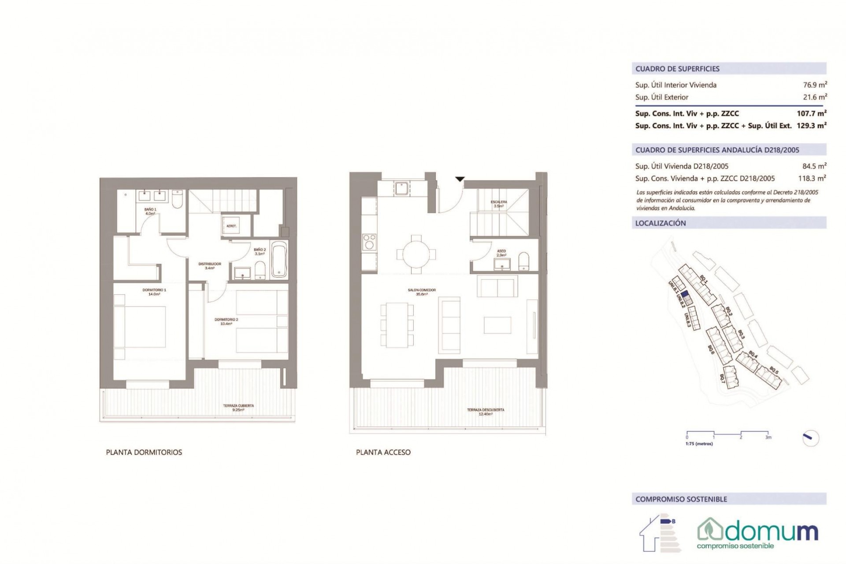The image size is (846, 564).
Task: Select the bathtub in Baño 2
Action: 278,260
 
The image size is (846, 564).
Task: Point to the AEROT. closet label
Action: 231,226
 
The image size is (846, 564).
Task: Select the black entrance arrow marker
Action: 460,179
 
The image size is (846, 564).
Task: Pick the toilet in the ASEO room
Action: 523,261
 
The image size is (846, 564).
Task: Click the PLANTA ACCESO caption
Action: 383,452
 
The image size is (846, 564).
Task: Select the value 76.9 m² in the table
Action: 813,85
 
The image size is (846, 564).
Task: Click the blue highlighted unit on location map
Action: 684,295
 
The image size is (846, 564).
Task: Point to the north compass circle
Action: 811,438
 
